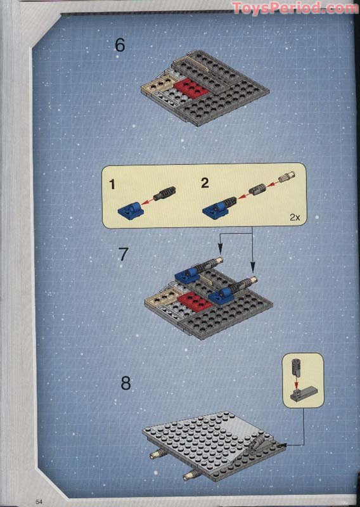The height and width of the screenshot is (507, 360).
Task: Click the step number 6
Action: (x=120, y=46)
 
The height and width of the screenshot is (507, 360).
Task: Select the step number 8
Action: (x=125, y=383)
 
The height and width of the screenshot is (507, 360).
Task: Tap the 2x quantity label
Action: (x=295, y=217)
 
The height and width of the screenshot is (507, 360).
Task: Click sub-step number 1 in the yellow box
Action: (x=112, y=184)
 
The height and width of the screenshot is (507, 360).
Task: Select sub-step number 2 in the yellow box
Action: (x=204, y=184)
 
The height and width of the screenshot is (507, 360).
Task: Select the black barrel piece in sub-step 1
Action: (x=167, y=192)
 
